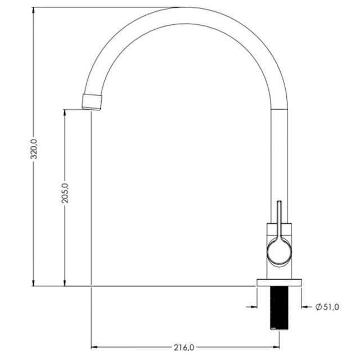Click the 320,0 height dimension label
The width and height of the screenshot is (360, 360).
[34, 149]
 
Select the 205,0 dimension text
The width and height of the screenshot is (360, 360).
[65, 193]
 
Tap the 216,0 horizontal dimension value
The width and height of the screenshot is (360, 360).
[184, 348]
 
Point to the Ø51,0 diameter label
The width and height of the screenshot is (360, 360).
[327, 307]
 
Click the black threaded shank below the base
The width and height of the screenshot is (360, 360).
[279, 308]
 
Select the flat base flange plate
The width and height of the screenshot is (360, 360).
[279, 282]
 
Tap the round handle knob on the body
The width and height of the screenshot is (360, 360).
[279, 252]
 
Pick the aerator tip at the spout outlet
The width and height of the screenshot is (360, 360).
[92, 102]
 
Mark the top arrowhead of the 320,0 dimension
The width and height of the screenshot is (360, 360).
[34, 11]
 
